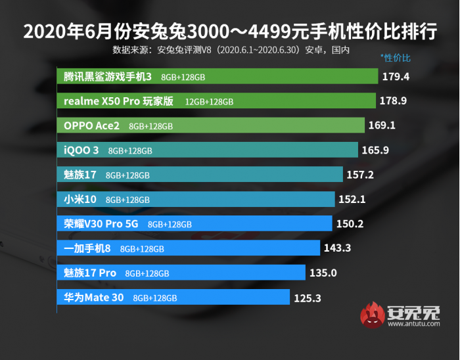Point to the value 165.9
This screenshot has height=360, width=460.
pyautogui.click(x=375, y=150)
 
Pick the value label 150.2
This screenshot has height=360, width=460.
pyautogui.click(x=350, y=224)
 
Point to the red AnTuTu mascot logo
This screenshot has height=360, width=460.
pyautogui.click(x=373, y=315)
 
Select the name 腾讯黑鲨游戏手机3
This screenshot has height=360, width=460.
pyautogui.click(x=108, y=77)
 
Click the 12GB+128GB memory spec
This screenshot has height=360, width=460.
pyautogui.click(x=209, y=102)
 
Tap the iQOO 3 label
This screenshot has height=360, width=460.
pyautogui.click(x=81, y=150)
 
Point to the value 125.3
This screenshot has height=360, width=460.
pyautogui.click(x=307, y=298)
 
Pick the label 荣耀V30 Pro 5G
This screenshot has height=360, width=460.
pyautogui.click(x=101, y=224)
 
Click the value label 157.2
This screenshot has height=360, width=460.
pyautogui.click(x=360, y=175)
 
